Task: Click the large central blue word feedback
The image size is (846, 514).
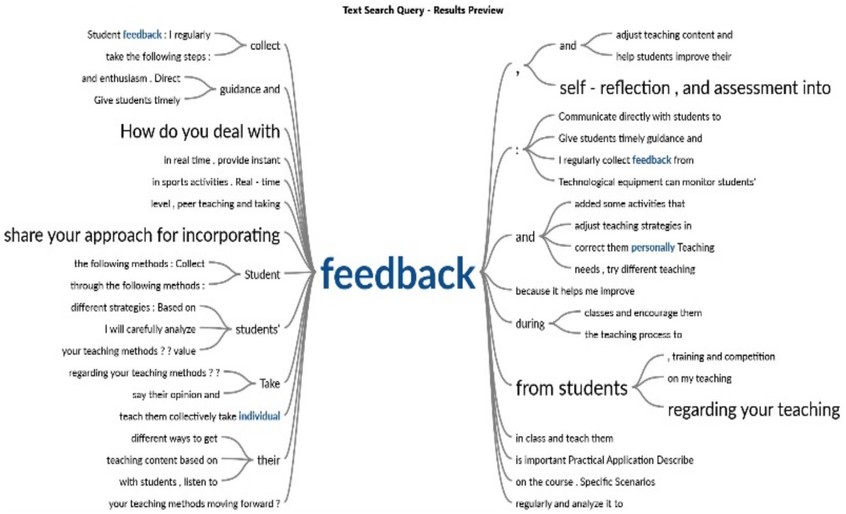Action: (x=398, y=273)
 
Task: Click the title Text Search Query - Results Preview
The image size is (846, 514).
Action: (x=423, y=10)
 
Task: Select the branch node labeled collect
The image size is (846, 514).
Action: (x=265, y=45)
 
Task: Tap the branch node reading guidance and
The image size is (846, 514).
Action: (x=250, y=89)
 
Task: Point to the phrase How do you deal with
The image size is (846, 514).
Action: (x=200, y=131)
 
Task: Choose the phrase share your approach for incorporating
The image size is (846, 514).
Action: (x=142, y=235)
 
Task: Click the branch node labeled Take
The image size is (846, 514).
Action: (x=270, y=383)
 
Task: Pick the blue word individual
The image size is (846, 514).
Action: (x=259, y=416)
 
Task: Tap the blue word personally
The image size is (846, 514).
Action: (x=653, y=247)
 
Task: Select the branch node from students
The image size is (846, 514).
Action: (x=571, y=388)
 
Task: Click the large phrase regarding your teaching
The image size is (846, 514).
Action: (x=753, y=409)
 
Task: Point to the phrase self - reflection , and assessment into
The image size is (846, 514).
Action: (x=695, y=88)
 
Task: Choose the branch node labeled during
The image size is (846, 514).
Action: (x=530, y=324)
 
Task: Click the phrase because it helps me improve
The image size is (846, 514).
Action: (x=575, y=291)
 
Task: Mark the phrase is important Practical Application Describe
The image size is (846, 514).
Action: (x=604, y=460)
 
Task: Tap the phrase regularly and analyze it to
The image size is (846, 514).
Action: (x=569, y=503)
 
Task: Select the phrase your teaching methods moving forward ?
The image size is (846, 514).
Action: (x=194, y=503)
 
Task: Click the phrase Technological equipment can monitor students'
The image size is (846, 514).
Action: (x=657, y=182)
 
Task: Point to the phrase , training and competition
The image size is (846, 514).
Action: (x=721, y=356)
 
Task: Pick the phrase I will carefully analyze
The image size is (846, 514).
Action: (x=150, y=329)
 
